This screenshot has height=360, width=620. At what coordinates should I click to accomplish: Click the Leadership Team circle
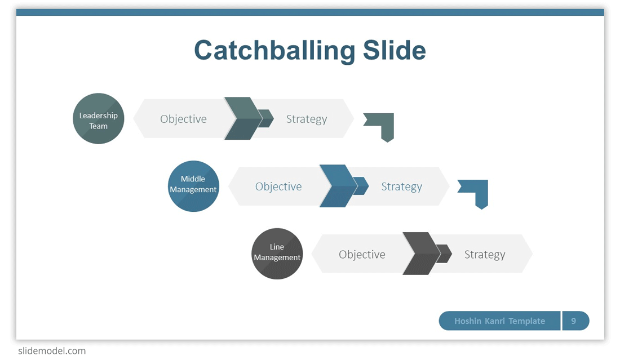[99, 118]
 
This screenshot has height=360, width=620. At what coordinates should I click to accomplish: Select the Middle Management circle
[193, 186]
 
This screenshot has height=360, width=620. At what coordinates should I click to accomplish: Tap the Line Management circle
[277, 254]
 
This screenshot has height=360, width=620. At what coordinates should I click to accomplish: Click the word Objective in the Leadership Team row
[184, 119]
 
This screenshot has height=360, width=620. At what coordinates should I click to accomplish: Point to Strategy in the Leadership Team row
[307, 119]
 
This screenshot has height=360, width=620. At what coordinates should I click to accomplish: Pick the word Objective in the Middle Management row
[278, 186]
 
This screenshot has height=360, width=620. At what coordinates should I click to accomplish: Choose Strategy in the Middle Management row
[401, 187]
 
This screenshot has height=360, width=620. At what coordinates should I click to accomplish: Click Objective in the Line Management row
[362, 255]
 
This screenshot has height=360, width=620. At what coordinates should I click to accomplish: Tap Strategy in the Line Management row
[485, 255]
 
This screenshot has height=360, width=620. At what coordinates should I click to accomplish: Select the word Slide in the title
[394, 50]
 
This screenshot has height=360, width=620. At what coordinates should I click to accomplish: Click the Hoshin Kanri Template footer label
[499, 321]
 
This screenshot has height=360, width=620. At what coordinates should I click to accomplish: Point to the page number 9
[573, 321]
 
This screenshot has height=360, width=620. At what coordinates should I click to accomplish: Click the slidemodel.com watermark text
[52, 351]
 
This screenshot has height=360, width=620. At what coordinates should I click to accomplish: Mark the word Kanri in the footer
[495, 321]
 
